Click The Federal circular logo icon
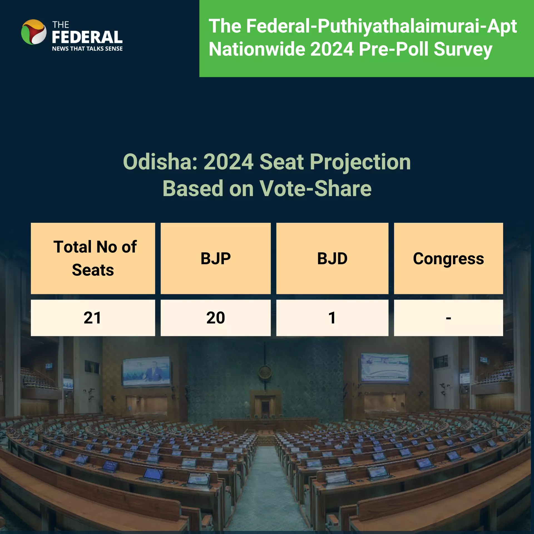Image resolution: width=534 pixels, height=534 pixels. tap(34, 32)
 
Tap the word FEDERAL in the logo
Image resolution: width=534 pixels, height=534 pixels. tap(87, 37)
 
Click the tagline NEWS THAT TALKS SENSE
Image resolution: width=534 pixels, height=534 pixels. tap(87, 49)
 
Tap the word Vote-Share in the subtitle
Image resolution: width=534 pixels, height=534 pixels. tap(315, 189)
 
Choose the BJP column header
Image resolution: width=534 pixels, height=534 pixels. tap(216, 258)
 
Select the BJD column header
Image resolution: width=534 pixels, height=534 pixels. tap(332, 258)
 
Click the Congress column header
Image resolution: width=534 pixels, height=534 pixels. tap(448, 258)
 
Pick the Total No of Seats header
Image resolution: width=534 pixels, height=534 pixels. tap(93, 258)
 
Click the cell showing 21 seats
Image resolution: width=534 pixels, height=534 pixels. tap(93, 318)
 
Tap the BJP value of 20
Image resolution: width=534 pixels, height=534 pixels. tap(216, 318)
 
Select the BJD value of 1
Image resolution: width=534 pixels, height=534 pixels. tap(332, 318)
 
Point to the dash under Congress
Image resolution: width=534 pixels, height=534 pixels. tap(448, 318)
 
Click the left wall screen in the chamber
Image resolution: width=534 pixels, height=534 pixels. tap(147, 371)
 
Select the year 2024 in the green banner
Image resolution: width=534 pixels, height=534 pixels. tap(332, 49)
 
